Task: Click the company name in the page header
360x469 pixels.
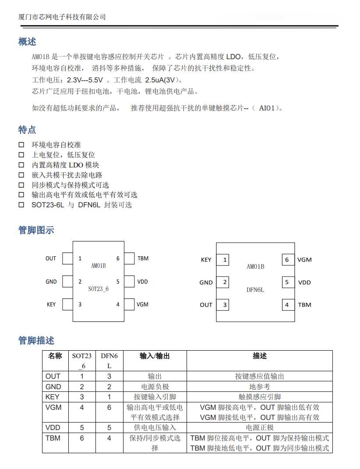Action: (62, 17)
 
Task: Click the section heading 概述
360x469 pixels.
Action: (27, 42)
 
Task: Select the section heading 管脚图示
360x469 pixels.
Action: (36, 230)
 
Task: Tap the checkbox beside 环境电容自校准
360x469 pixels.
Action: (21, 145)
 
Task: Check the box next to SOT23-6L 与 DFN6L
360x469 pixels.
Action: (21, 205)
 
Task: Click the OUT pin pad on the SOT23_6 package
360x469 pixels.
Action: (67, 259)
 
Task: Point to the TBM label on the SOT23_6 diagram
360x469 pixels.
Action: (143, 259)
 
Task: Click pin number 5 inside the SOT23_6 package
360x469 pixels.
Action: (118, 282)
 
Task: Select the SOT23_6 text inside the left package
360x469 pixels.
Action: (98, 289)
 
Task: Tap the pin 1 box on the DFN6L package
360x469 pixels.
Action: (225, 259)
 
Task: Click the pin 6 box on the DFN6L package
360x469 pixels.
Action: (287, 259)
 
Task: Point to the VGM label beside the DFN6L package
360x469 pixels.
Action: (304, 259)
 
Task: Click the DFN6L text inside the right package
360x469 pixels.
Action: (255, 290)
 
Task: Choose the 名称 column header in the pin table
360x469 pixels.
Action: (55, 356)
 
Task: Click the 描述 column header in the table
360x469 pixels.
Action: (259, 356)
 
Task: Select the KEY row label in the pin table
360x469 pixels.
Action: (52, 397)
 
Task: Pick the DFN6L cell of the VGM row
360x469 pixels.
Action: (109, 408)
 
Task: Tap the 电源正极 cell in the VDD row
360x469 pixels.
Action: (259, 428)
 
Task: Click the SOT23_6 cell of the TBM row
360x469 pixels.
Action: (82, 438)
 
